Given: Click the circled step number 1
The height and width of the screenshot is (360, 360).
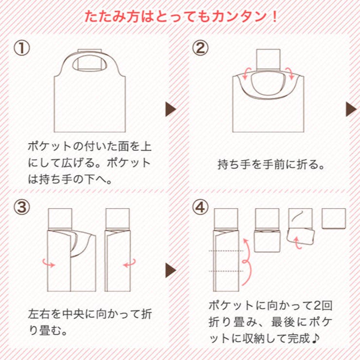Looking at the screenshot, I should click(22, 48).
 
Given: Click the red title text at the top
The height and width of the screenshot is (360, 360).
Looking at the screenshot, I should click(180, 16).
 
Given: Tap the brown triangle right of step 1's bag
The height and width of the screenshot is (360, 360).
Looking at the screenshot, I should click(171, 109).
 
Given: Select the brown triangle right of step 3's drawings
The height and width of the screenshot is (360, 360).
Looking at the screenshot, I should click(171, 270).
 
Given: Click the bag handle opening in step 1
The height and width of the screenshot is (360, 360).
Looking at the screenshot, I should click(90, 63).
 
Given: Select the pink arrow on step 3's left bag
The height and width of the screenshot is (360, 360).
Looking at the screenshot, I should click(49, 263).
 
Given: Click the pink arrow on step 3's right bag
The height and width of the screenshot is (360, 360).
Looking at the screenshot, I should click(129, 263).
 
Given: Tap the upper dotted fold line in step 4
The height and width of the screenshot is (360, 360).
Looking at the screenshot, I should click(226, 251).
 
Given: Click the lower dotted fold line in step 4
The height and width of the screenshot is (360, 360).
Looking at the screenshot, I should click(226, 270).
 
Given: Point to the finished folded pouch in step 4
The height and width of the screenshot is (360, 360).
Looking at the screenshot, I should click(334, 218).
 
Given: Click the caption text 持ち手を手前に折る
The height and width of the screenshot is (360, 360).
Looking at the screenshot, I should click(271, 164).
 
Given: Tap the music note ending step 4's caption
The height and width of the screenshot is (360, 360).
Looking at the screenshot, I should click(314, 338).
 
